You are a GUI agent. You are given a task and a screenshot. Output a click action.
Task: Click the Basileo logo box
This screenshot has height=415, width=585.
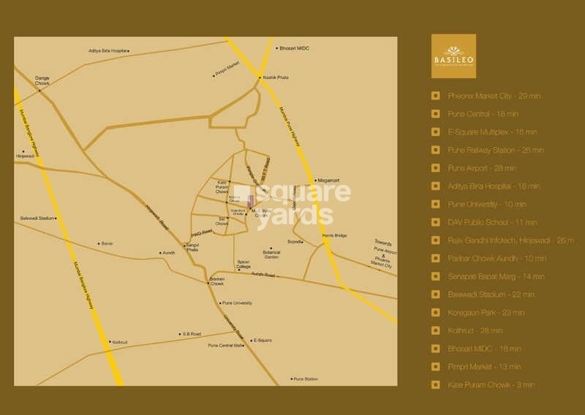tap(453, 56)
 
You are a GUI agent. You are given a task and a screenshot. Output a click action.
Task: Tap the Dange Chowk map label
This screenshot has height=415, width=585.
tap(42, 79)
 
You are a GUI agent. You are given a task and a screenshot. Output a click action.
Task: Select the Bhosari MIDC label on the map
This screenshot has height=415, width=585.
tap(294, 48)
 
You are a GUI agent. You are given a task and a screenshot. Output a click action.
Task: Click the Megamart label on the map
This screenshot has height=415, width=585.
tap(328, 180)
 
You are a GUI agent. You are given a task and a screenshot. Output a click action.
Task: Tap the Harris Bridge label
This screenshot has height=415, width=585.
tap(334, 235)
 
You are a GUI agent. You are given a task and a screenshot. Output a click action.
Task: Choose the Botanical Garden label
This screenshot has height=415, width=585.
tap(271, 254)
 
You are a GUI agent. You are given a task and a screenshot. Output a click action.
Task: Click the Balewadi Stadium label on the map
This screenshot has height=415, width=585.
tap(37, 218)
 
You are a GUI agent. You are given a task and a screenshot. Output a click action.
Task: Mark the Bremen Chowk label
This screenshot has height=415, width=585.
tap(217, 281)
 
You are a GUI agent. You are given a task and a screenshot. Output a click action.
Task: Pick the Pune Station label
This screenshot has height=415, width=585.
tap(306, 379)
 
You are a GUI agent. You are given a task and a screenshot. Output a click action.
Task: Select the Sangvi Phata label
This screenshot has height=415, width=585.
tap(192, 247)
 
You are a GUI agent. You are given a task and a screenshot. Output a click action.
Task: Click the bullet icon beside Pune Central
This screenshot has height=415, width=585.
tap(436, 114)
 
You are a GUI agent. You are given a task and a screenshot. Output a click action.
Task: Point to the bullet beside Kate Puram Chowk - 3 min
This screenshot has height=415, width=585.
tap(436, 384)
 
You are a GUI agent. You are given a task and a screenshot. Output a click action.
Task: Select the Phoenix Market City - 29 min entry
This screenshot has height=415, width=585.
tap(494, 96)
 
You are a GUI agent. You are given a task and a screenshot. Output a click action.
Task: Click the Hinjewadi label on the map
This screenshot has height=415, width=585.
tap(25, 156)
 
